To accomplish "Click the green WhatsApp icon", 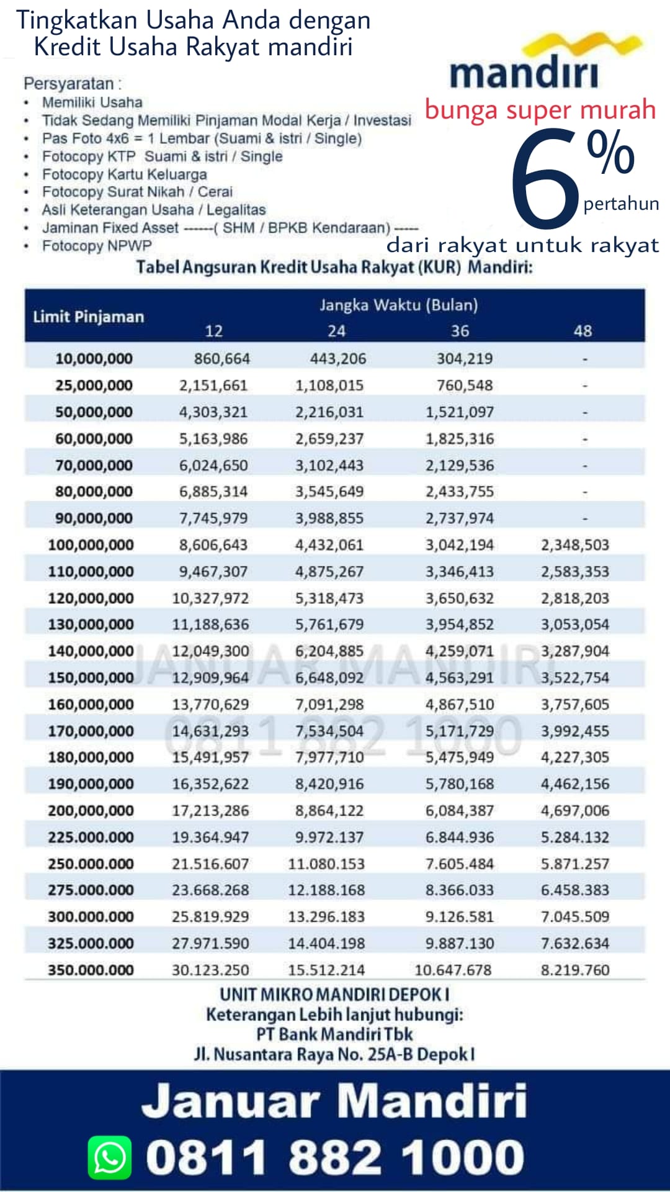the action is (x=110, y=1157).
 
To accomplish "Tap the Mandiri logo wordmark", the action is (x=524, y=74).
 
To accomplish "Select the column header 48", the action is (x=583, y=330).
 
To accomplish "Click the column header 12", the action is (x=213, y=331).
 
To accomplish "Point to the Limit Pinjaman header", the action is (x=88, y=317).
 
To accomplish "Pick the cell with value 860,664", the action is (x=221, y=358).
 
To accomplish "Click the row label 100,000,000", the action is (x=91, y=545).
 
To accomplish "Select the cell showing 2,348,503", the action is (x=575, y=545).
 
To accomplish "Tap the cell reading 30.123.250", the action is (x=210, y=970).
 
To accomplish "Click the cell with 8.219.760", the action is (x=575, y=970).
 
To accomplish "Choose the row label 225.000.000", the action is (x=91, y=837).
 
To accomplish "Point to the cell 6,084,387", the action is (x=460, y=811).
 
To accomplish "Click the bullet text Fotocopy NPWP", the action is (x=97, y=246).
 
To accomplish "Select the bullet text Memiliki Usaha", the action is (x=92, y=102).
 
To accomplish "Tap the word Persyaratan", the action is (x=69, y=84).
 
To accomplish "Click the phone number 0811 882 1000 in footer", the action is (x=335, y=1158).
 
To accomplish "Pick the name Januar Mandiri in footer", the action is (x=334, y=1101).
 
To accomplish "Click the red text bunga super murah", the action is (x=540, y=110).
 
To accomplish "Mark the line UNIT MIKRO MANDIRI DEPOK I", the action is (x=334, y=995).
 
